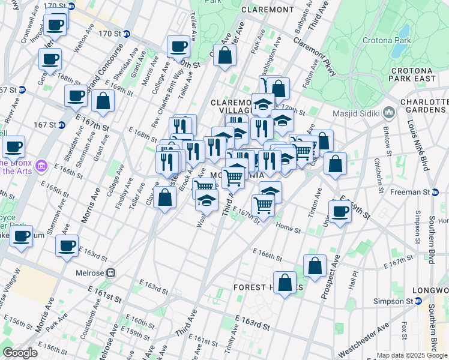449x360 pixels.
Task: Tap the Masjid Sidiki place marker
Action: tap(389, 112)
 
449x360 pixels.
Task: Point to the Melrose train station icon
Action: tap(111, 272)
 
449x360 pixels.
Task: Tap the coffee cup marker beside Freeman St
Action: tap(340, 211)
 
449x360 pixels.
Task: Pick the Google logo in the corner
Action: tap(20, 353)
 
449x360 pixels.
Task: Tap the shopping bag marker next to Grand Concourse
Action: tap(103, 101)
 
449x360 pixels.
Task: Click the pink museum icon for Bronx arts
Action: tap(41, 164)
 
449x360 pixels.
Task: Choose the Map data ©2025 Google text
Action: tap(412, 355)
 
